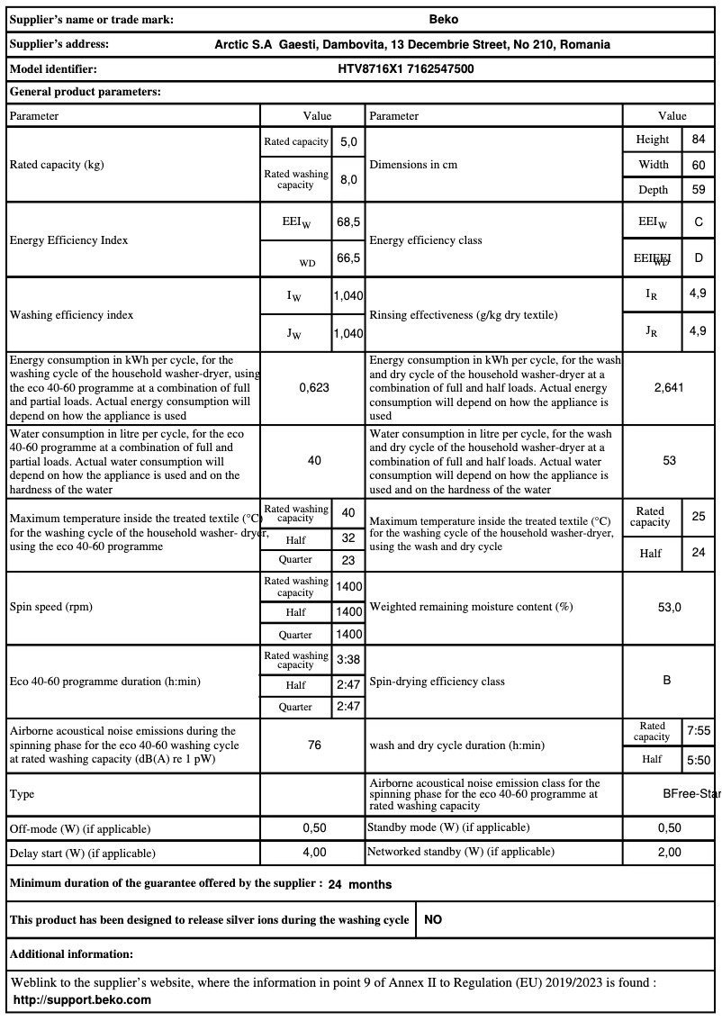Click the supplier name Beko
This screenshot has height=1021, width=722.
pyautogui.click(x=444, y=19)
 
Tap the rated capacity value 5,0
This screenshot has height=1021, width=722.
pyautogui.click(x=348, y=142)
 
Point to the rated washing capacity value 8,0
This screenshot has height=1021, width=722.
pyautogui.click(x=348, y=179)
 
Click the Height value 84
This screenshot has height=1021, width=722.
pyautogui.click(x=698, y=140)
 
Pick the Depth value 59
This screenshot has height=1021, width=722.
pyautogui.click(x=698, y=189)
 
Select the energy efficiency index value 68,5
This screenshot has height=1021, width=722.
pyautogui.click(x=348, y=221)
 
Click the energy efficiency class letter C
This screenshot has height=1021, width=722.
pyautogui.click(x=699, y=221)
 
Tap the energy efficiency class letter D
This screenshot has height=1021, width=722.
pyautogui.click(x=699, y=258)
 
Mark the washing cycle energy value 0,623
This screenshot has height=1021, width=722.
pyautogui.click(x=314, y=387)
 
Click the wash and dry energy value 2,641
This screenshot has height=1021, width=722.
pyautogui.click(x=669, y=387)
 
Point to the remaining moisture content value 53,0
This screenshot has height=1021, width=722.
pyautogui.click(x=669, y=607)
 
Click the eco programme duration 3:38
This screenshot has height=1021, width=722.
pyautogui.click(x=348, y=660)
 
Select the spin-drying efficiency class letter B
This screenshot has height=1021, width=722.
pyautogui.click(x=667, y=681)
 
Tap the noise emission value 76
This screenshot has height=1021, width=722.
pyautogui.click(x=314, y=745)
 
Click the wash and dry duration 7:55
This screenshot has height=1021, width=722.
pyautogui.click(x=699, y=732)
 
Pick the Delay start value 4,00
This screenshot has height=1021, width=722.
pyautogui.click(x=314, y=852)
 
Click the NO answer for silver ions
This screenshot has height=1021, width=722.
pyautogui.click(x=433, y=920)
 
